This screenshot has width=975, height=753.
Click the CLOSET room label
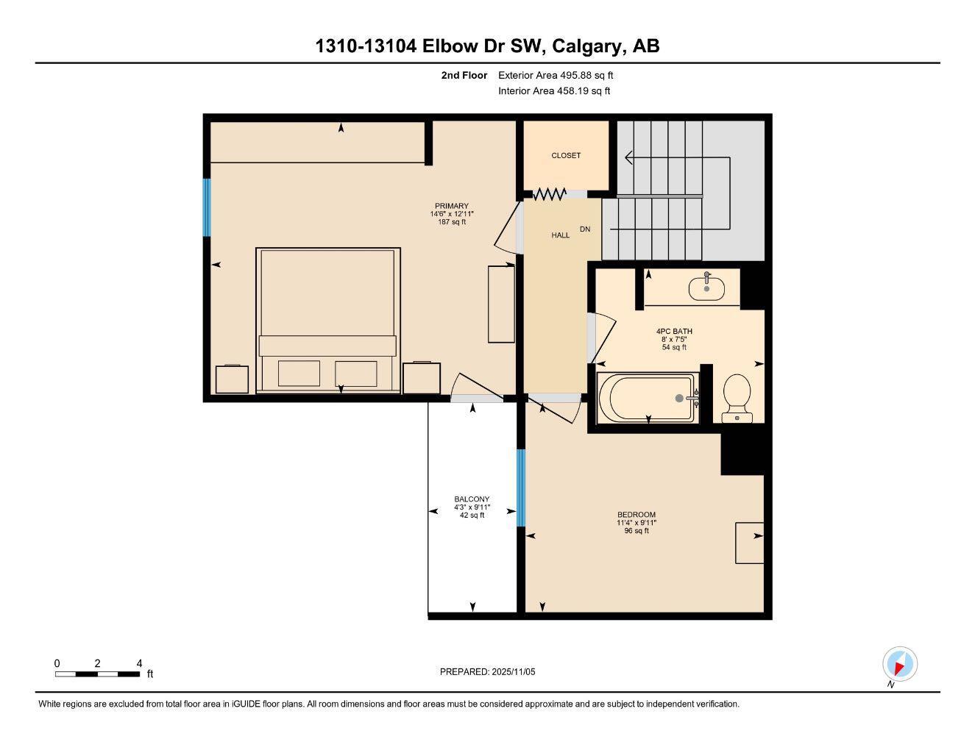pos(566,155)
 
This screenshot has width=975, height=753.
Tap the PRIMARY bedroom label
pos(451,206)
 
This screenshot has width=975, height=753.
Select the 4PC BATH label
pos(674,332)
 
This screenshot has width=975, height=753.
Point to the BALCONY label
pos(472,499)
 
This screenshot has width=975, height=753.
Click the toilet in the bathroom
pos(737,397)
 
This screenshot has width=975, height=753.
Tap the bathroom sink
pos(706,288)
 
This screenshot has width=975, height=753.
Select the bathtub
pos(647,398)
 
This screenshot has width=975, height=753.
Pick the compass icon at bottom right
pos(899,665)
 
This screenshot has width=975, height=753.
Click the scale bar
pos(97,674)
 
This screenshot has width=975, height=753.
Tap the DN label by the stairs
pos(585,229)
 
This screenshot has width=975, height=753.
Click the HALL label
pos(561,235)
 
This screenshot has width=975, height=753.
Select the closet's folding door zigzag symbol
pos(549,194)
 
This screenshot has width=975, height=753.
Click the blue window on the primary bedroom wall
pos(207,207)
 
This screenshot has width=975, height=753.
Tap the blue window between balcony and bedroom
pos(521,488)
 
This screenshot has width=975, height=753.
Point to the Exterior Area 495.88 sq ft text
pos(556,75)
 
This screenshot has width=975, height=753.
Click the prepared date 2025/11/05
pos(488,671)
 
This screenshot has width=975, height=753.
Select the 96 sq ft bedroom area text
pos(637,531)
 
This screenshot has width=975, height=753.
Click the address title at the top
pos(487,46)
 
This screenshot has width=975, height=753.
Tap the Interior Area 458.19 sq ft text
pos(554,91)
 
